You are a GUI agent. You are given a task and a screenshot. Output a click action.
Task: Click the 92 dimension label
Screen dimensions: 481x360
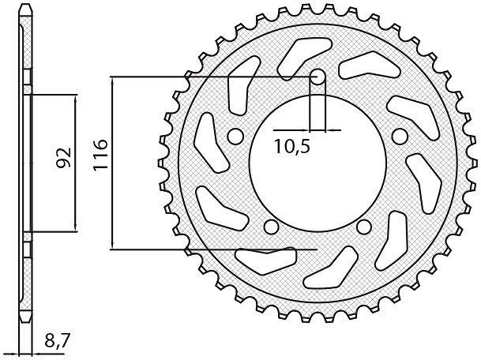point(63,158)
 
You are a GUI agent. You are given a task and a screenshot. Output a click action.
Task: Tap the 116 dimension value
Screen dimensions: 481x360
point(100,155)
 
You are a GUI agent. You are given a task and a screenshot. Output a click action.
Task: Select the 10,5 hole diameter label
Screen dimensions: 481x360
point(292,146)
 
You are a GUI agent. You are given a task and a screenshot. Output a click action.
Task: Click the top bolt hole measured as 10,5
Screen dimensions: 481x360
point(318,76)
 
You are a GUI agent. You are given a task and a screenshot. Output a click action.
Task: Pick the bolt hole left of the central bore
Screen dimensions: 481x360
point(235,136)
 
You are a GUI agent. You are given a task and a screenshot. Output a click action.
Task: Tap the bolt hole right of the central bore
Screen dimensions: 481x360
point(400,136)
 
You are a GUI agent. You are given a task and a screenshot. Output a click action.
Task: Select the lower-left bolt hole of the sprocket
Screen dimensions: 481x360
point(272,227)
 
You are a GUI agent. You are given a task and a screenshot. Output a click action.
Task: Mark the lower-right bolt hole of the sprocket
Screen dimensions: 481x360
point(364,227)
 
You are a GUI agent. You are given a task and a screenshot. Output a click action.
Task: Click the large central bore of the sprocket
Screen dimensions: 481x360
point(318,163)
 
